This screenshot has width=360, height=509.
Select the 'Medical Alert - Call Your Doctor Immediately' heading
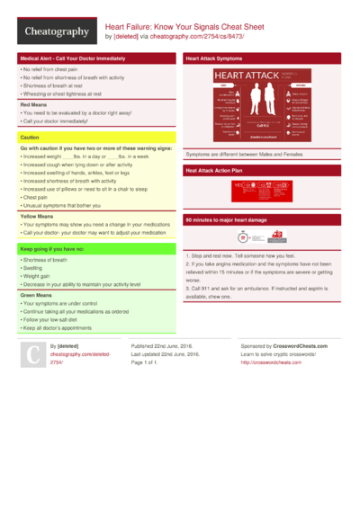click(x=72, y=58)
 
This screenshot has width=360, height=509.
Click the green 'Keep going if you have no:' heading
click(x=54, y=247)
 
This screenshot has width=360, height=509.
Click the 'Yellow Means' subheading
click(x=39, y=216)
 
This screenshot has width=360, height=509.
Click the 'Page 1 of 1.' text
click(x=150, y=362)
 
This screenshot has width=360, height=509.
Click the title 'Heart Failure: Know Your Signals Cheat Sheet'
click(x=191, y=28)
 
